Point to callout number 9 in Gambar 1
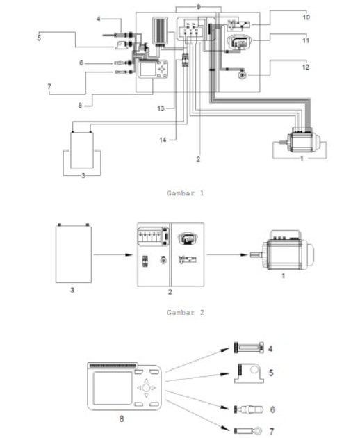(198, 6)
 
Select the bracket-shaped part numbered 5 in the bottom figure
(249, 374)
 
